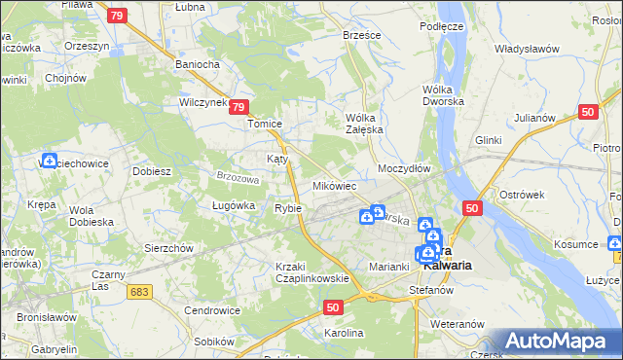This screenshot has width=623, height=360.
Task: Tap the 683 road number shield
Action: point(141,292)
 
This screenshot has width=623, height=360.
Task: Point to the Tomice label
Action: point(265,125)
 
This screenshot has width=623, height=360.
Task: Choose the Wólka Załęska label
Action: point(366,124)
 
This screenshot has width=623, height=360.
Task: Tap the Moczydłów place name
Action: point(404,168)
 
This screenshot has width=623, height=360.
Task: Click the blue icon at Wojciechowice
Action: point(50,161)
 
